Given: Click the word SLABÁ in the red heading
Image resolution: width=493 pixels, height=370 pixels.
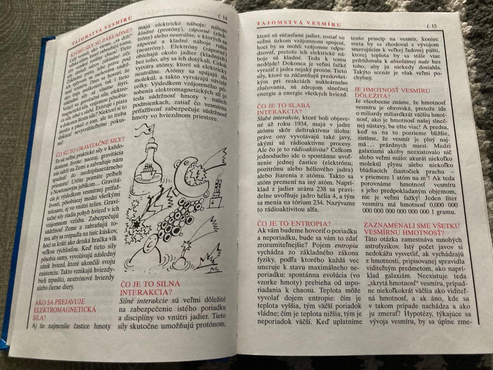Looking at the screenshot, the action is pos(299,105).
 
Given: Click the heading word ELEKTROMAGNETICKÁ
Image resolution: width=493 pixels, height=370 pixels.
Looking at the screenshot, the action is pos(65,310).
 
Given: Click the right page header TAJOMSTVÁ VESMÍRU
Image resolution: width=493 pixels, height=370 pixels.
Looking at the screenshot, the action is pos(299,24).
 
